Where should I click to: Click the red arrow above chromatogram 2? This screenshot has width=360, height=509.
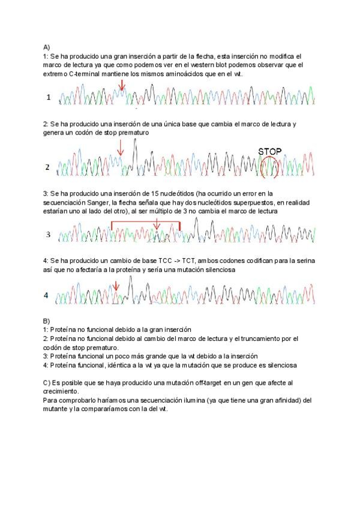(x=120, y=147)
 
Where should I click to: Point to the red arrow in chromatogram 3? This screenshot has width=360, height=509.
(x=157, y=224)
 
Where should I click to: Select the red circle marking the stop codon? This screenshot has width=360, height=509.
(x=271, y=167)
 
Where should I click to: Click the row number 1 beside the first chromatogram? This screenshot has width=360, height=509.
(x=49, y=97)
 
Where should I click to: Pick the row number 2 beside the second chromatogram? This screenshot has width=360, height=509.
(x=49, y=167)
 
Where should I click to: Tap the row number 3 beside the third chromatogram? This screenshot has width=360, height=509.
(x=49, y=233)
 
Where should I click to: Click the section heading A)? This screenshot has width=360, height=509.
(x=47, y=46)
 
